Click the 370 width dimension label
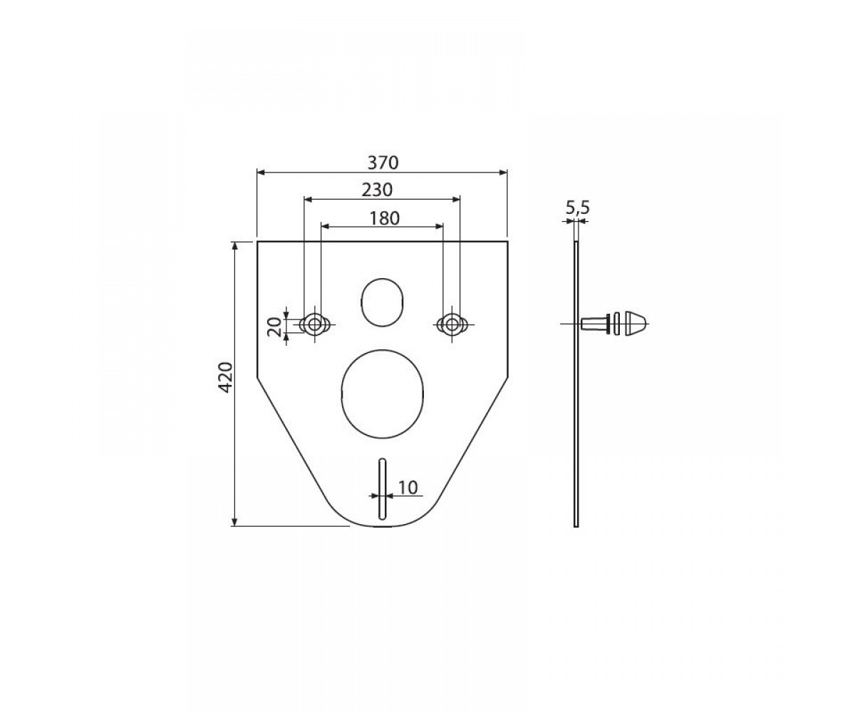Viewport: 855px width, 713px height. tap(383, 163)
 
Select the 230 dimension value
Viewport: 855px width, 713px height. tap(377, 190)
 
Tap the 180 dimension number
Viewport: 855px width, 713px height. tap(384, 218)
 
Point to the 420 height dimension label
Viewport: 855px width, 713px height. tap(226, 377)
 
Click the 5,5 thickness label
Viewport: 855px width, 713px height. tap(577, 208)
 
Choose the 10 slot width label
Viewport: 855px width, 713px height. tap(408, 487)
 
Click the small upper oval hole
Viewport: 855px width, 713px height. tap(382, 302)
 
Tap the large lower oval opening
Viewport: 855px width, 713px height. tap(382, 394)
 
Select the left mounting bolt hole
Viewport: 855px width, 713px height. tap(314, 324)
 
